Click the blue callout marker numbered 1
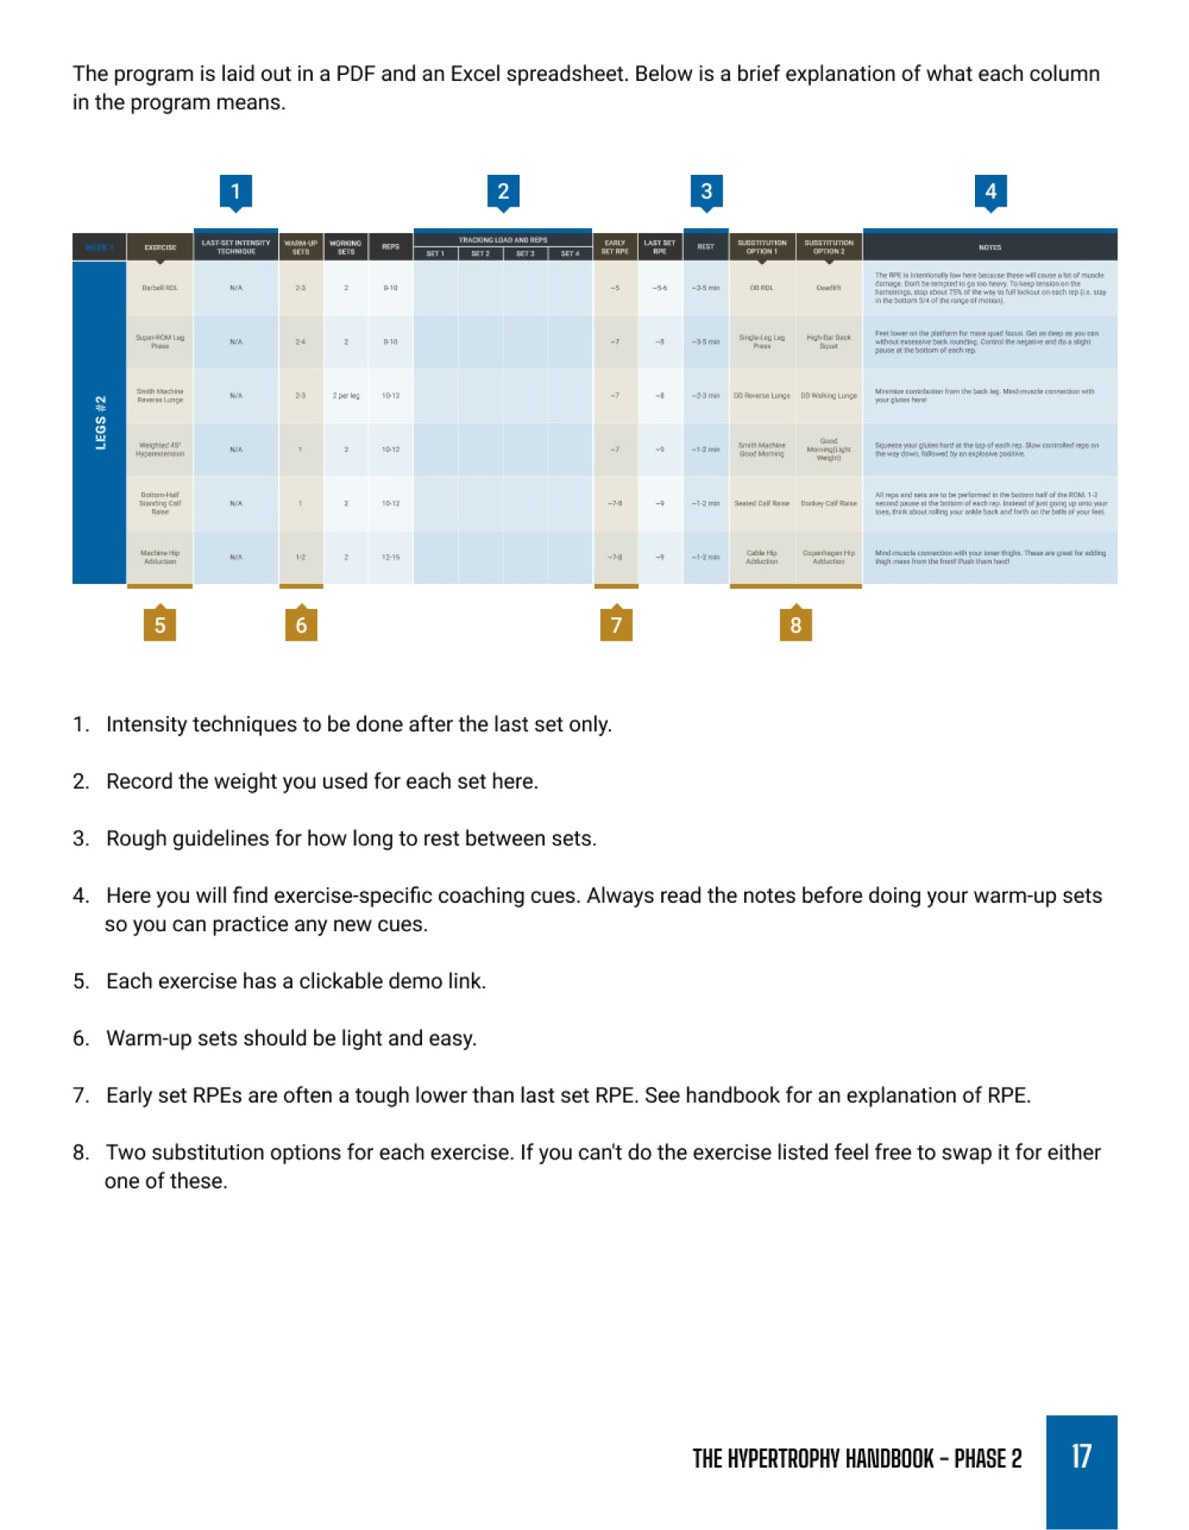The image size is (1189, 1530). (x=236, y=192)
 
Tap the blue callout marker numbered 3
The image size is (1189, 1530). (x=706, y=192)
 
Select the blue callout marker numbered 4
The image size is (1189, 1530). (x=990, y=192)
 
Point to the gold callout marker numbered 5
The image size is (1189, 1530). (x=160, y=625)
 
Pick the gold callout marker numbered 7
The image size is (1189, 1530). (x=616, y=625)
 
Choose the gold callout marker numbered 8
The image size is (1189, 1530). (x=795, y=625)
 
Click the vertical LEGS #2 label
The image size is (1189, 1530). (x=100, y=422)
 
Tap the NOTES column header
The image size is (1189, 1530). (x=989, y=247)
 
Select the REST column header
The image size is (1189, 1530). (x=705, y=247)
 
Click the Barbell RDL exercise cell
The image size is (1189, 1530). (x=160, y=288)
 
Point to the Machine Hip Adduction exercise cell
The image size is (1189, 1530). (x=160, y=557)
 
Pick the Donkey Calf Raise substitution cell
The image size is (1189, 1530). (x=828, y=504)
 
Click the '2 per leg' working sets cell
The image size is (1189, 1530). (x=346, y=396)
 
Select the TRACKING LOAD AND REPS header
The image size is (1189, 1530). (x=502, y=240)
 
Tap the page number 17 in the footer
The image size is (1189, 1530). (x=1081, y=1457)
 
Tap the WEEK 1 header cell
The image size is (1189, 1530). (x=99, y=247)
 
